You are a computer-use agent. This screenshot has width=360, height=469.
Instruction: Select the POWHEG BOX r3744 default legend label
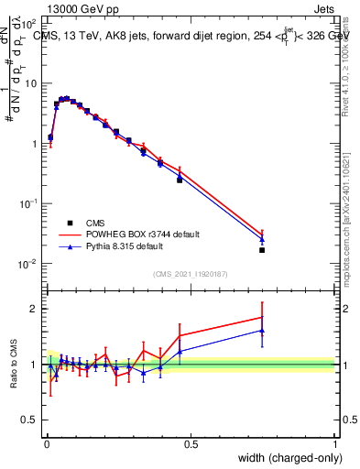[142, 234]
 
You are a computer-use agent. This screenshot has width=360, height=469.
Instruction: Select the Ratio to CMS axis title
[15, 365]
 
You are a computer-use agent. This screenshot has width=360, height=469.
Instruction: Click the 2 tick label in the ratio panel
[35, 309]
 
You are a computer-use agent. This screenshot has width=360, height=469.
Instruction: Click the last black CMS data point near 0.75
[262, 250]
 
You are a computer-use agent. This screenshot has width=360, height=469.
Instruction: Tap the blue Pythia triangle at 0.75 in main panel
[262, 240]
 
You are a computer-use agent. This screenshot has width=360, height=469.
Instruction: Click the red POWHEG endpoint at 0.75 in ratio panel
[262, 317]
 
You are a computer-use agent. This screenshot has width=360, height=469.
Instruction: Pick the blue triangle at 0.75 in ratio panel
[262, 331]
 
